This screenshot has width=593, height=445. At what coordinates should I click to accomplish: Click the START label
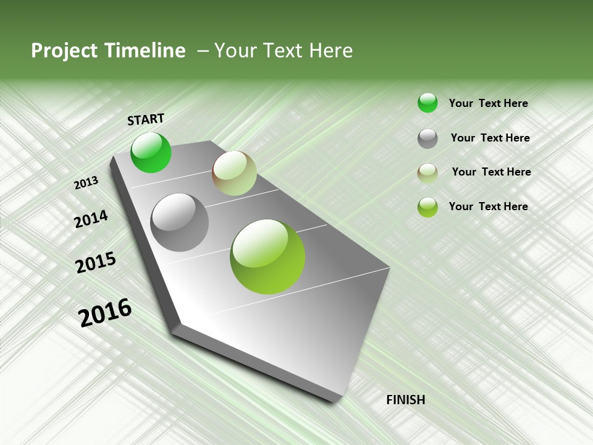[x=146, y=119]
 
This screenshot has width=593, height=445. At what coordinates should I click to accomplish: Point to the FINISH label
[x=405, y=400]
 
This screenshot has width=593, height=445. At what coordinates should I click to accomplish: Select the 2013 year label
[x=86, y=183]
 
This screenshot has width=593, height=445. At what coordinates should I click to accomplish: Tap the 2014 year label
[x=91, y=219]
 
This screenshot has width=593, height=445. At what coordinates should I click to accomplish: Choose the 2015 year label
[x=96, y=263]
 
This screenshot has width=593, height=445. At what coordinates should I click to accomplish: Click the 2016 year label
[x=105, y=313]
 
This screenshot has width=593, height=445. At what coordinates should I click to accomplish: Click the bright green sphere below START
[x=151, y=153]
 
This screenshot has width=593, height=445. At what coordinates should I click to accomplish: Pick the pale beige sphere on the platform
[x=234, y=173]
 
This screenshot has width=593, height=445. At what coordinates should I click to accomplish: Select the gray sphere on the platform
[x=180, y=222]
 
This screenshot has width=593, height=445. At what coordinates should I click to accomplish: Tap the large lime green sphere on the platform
[x=267, y=256]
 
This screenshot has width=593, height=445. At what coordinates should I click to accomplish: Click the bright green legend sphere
[x=427, y=103]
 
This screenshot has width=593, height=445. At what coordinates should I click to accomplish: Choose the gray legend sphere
[x=427, y=138]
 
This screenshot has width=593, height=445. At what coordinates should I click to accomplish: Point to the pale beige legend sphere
[x=427, y=173]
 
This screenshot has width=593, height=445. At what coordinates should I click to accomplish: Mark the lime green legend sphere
[x=427, y=207]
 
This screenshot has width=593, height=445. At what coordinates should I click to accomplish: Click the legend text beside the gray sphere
[x=490, y=138]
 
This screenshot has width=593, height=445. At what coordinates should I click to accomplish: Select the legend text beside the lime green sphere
[x=488, y=206]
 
